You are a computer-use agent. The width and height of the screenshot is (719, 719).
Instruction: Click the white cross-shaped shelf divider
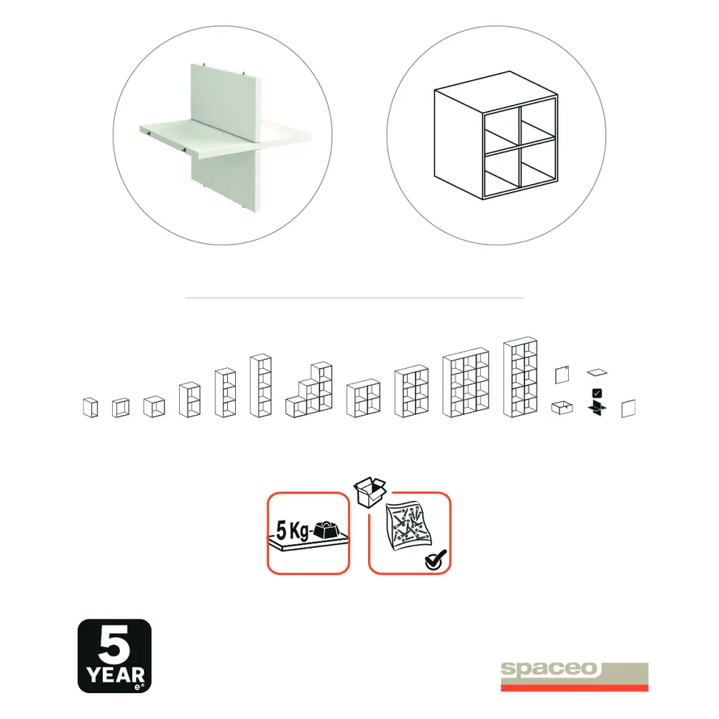[x=222, y=137]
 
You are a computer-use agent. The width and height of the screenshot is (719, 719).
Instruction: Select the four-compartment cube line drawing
[x=496, y=144]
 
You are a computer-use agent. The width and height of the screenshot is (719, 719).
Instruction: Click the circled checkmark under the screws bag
[x=435, y=559]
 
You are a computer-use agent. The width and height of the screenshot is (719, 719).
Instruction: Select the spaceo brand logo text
[x=551, y=669]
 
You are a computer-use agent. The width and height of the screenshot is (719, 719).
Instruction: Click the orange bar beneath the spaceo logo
[x=574, y=687]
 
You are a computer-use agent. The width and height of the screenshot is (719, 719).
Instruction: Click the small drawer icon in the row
[x=562, y=408]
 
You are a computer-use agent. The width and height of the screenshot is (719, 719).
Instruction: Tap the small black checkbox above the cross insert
[x=597, y=393]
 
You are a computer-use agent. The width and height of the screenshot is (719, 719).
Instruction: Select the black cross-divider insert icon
[x=596, y=409]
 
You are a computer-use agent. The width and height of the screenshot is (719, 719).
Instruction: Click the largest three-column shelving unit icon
[x=465, y=385]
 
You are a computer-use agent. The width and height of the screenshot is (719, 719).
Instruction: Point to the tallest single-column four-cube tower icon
[x=260, y=385]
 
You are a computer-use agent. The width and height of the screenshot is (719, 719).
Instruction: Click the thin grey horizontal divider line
[x=354, y=297]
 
